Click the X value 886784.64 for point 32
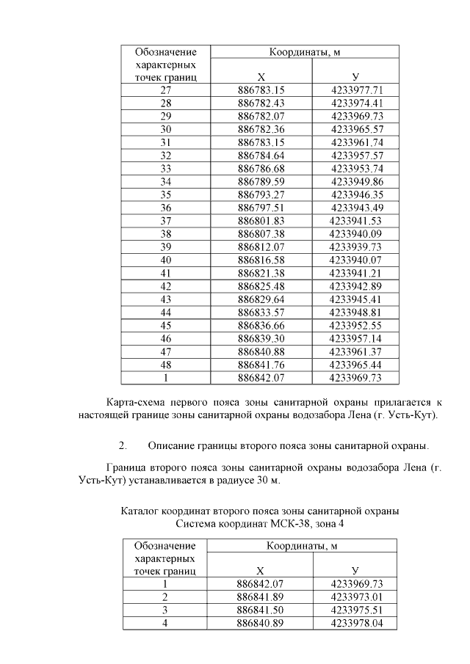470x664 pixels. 261,156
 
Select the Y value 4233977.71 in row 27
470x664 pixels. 356,90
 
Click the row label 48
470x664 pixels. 165,365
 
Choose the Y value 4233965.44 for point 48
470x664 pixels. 356,365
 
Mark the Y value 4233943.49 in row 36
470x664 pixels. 356,208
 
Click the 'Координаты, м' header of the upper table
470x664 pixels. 304,52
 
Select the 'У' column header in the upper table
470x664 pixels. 355,77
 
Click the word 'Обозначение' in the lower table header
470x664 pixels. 165,546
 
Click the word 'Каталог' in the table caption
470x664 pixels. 140,511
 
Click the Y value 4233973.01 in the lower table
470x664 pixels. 355,596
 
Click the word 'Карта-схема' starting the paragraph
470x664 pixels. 134,403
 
